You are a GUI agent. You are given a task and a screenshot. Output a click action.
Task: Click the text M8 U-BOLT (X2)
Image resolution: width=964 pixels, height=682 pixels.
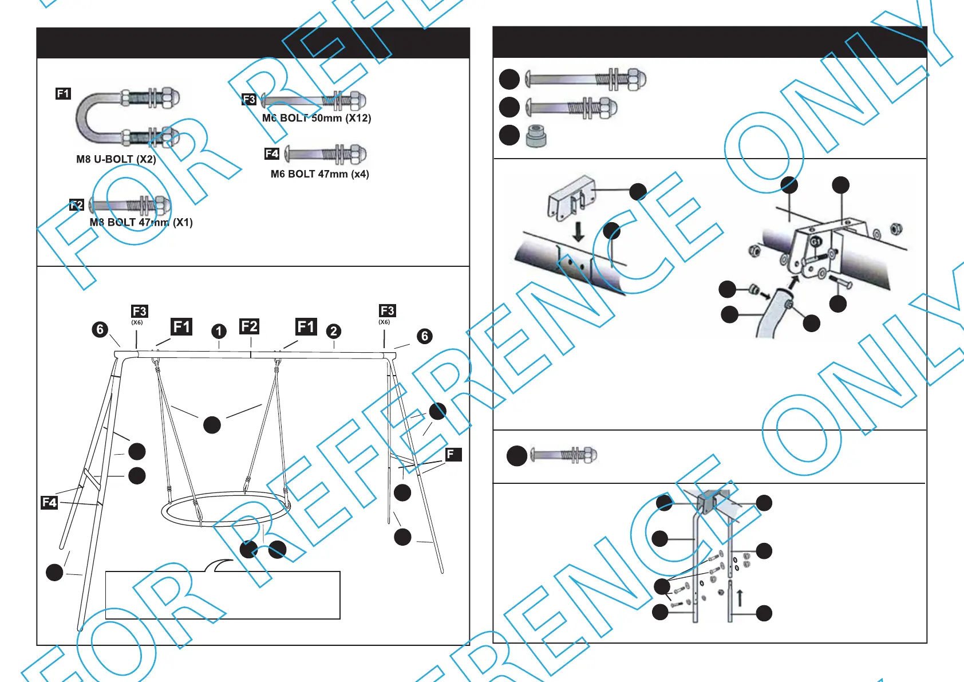[x=116, y=159]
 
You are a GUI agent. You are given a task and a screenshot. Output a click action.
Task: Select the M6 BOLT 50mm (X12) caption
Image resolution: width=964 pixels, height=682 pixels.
[x=317, y=118]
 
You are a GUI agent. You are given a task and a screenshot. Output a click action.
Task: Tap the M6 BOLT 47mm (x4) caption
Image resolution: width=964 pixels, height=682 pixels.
[x=319, y=174]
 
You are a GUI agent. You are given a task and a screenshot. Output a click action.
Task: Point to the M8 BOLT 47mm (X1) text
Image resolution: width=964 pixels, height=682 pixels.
[x=141, y=222]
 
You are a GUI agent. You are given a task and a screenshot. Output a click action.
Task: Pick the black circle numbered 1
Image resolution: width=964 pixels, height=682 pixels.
[x=219, y=331]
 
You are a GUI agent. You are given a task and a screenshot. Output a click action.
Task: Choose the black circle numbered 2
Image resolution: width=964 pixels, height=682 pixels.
[x=334, y=331]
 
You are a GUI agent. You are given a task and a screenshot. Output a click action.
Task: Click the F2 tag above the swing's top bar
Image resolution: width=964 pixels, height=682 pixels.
[x=250, y=326]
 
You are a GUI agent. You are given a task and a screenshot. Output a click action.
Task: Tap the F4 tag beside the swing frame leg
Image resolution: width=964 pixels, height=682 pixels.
[x=49, y=502]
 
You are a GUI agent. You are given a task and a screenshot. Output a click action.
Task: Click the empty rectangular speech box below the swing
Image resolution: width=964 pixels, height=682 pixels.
[x=223, y=595]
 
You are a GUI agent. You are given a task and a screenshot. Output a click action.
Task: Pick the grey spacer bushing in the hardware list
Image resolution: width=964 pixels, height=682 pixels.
[x=536, y=136]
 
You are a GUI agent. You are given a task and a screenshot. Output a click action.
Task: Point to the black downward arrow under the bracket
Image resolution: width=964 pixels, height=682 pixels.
[x=578, y=231]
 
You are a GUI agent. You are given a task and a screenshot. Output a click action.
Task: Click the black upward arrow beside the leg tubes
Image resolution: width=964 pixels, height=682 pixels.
[x=740, y=597]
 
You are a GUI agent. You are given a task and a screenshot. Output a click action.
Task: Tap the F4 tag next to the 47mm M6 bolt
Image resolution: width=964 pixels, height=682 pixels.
[x=272, y=153]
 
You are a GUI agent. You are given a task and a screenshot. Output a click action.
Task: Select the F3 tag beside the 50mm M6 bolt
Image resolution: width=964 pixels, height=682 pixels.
[x=249, y=100]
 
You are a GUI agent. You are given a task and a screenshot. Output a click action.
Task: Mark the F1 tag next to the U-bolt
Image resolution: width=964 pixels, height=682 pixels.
[x=63, y=93]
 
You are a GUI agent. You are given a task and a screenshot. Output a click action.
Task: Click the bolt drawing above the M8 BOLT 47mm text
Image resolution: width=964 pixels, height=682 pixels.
[x=131, y=204]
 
